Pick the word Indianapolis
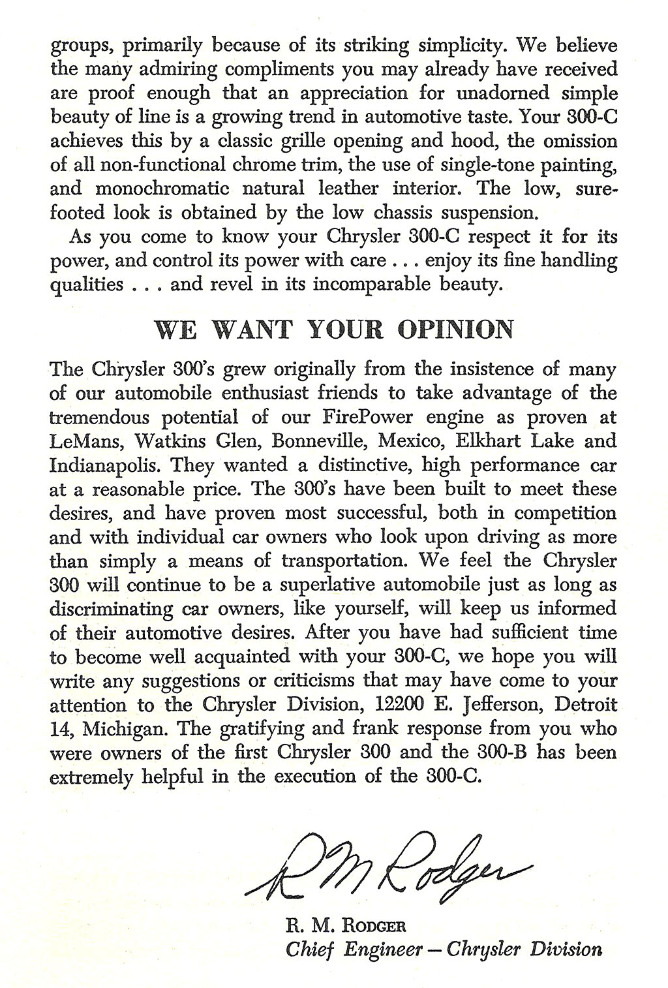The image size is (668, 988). coord(99,465)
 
